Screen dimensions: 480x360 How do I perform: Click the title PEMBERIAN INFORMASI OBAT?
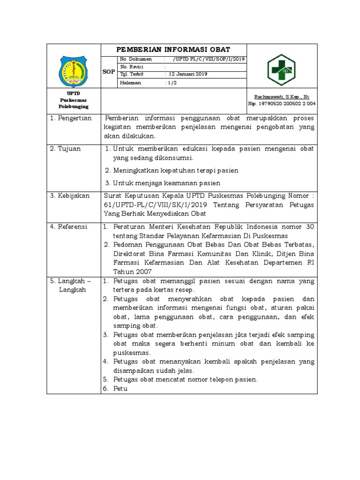[x=173, y=50]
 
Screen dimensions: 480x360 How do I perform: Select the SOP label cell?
[x=108, y=71]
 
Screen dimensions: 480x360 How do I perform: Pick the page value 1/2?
[x=172, y=82]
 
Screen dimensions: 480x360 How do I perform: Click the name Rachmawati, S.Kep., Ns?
[x=282, y=97]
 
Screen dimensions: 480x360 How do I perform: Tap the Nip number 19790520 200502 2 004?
[x=282, y=104]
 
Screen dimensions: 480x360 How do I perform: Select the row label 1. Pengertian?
[x=71, y=118]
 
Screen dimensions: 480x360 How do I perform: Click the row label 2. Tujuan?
[x=66, y=149]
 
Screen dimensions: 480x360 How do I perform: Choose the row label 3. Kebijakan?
[x=70, y=195]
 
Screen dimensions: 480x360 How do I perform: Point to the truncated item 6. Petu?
[x=120, y=389]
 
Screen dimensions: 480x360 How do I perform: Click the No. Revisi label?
[x=132, y=67]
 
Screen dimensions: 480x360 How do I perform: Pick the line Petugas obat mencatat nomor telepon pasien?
[x=185, y=380]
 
